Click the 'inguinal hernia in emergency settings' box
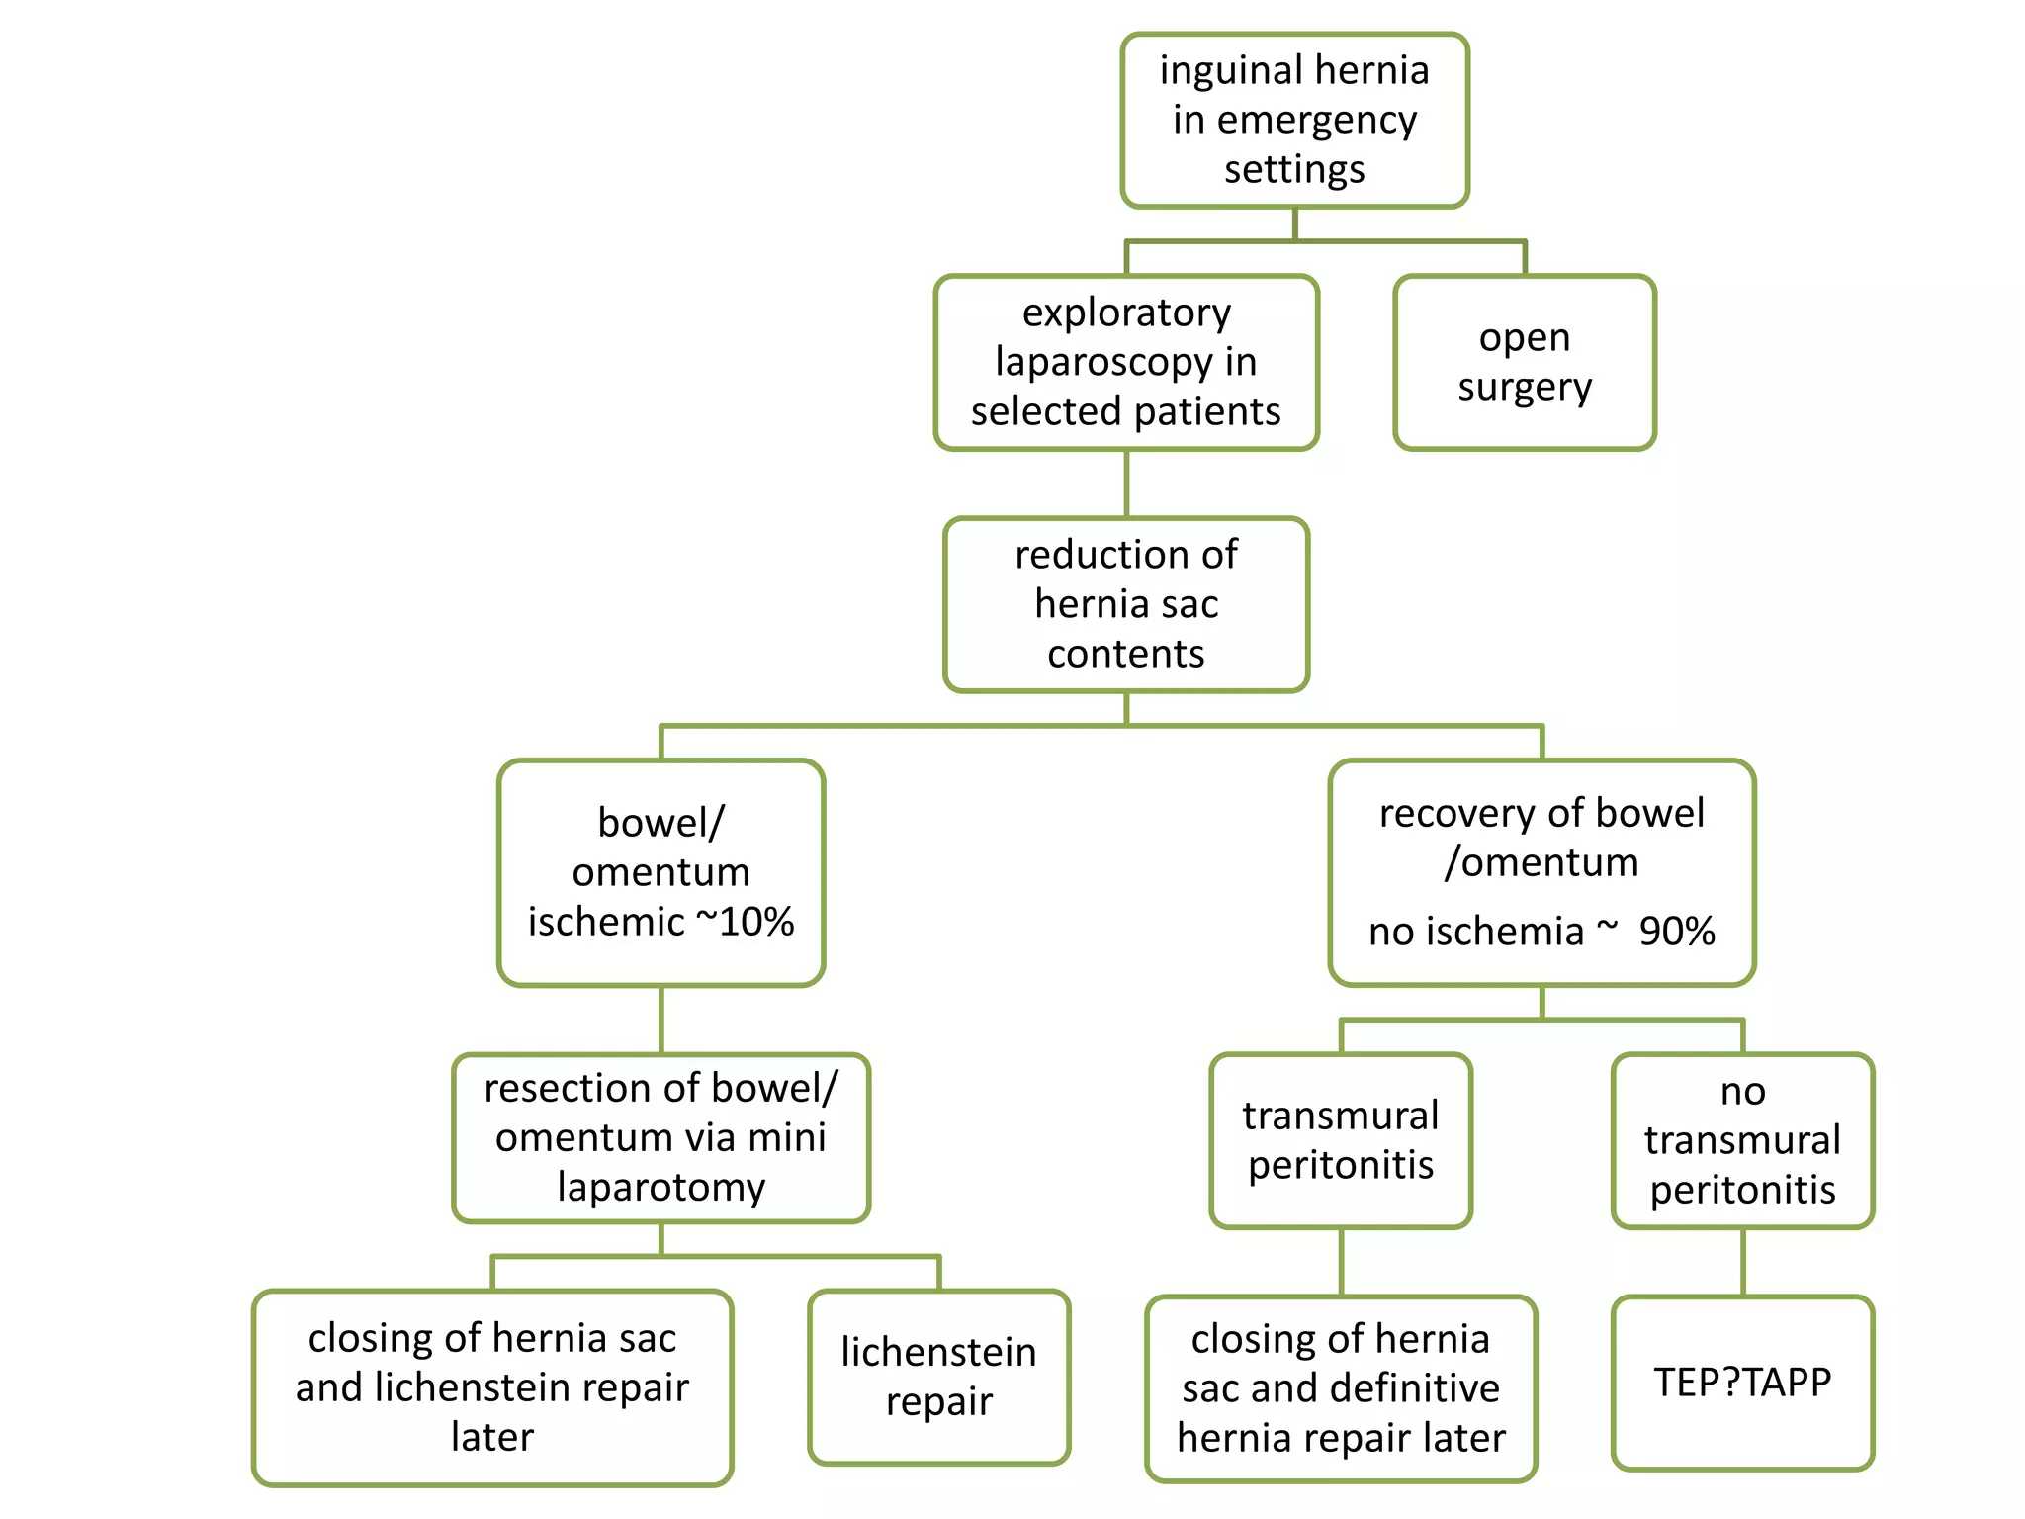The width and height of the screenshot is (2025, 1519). (x=1294, y=120)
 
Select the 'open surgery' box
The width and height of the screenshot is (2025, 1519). (x=1524, y=362)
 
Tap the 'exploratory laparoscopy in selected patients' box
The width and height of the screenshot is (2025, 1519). (x=1125, y=362)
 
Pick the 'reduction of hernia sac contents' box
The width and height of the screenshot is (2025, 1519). (x=1125, y=604)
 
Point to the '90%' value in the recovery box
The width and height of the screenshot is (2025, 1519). (x=1676, y=931)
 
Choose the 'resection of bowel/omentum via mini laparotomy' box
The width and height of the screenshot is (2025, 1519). (x=660, y=1137)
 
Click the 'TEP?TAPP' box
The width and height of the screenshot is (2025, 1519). (x=1742, y=1382)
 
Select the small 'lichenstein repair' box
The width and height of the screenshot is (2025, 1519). (x=938, y=1376)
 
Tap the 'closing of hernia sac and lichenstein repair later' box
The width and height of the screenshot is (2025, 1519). (x=491, y=1386)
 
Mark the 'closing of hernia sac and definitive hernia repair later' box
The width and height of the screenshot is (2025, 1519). (x=1340, y=1387)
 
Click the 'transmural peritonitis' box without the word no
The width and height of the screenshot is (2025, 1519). (x=1340, y=1140)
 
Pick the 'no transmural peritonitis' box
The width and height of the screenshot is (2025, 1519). (x=1742, y=1140)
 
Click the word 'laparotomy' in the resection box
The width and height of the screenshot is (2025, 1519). (x=660, y=1187)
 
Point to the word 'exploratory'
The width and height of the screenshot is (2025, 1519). (x=1125, y=313)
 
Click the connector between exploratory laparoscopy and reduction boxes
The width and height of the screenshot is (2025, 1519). (x=1126, y=484)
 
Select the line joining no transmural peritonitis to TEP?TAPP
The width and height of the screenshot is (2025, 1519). (x=1742, y=1262)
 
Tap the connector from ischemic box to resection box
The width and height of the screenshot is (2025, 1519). (x=660, y=1019)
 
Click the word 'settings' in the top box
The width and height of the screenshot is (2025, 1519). (x=1294, y=169)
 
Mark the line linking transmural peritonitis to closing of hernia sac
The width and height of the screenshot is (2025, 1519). (x=1341, y=1262)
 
